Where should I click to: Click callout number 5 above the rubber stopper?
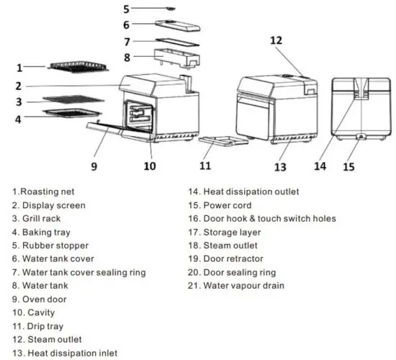point(126,9)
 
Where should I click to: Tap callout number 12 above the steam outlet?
point(276,40)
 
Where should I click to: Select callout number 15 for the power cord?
point(348,166)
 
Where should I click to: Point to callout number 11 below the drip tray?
point(205,166)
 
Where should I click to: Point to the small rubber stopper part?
point(171,8)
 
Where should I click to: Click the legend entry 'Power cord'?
point(233,205)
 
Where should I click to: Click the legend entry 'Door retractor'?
point(237,259)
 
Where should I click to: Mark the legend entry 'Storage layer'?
point(235,233)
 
